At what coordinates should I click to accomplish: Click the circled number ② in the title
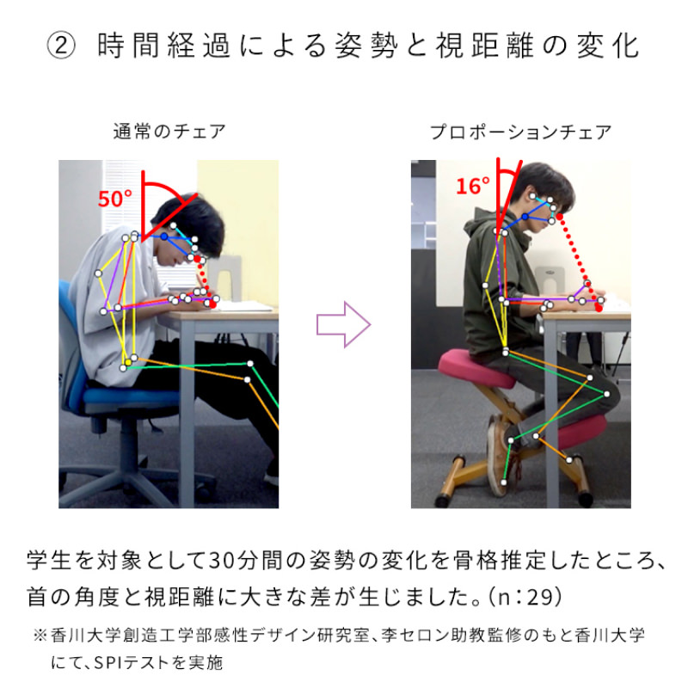61,46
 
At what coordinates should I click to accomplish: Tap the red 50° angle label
115,199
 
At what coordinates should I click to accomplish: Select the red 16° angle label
472,186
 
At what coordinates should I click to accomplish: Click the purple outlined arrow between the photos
343,325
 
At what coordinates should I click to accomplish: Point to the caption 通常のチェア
169,132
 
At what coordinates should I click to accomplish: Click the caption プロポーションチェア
520,132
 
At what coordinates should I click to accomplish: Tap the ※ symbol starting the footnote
40,635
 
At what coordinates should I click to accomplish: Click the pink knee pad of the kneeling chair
581,433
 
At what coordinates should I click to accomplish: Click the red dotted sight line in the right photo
579,262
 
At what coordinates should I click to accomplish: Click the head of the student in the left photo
188,228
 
